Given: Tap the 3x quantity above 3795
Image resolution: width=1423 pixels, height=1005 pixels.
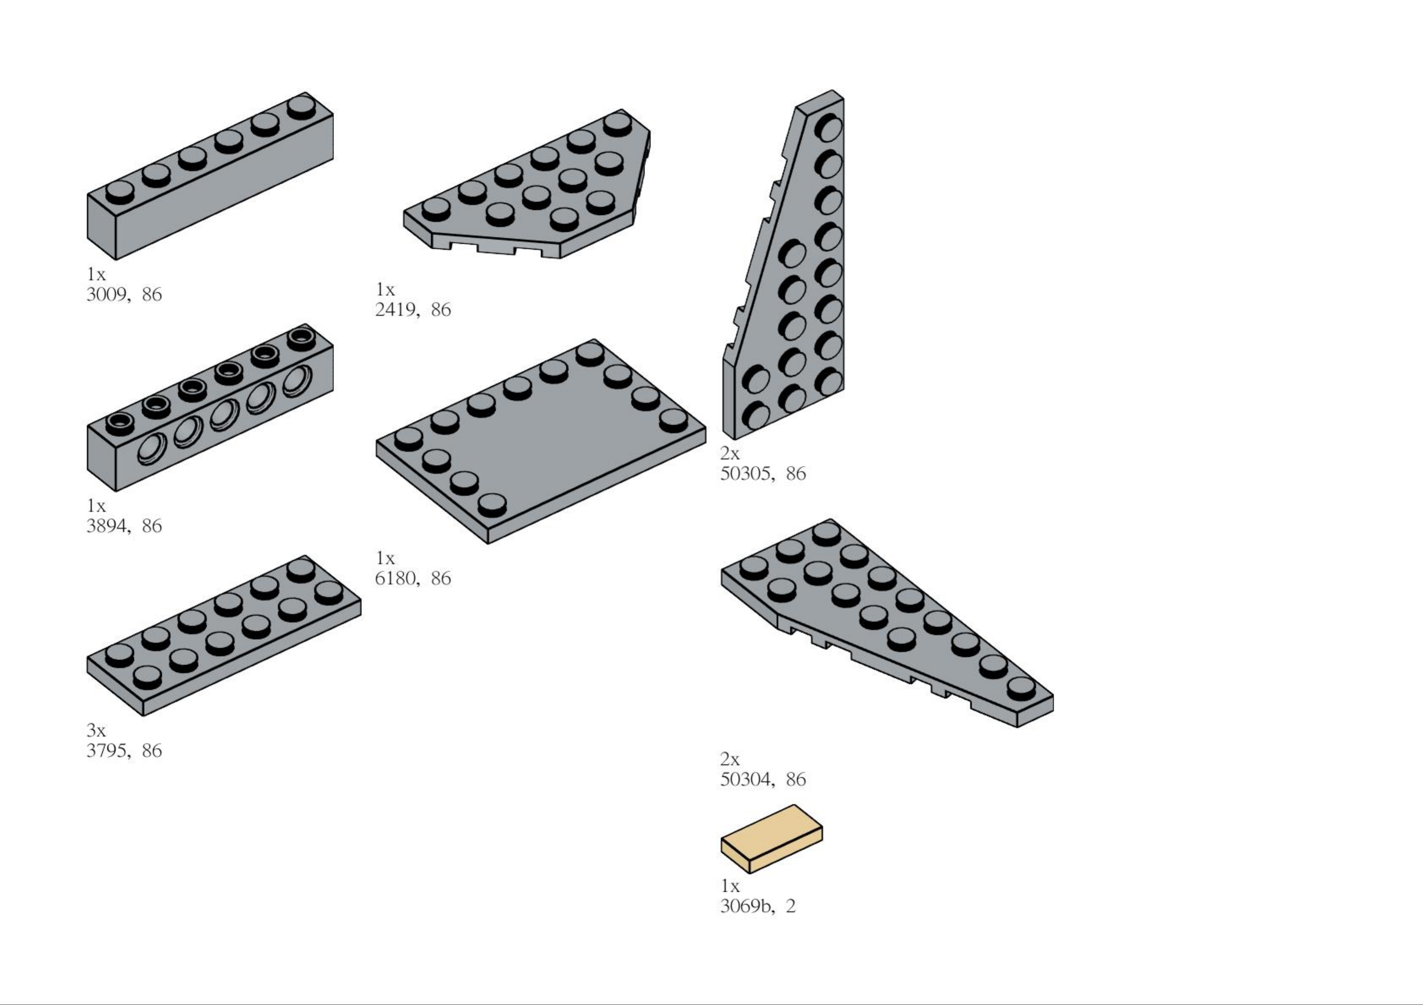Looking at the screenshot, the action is [x=96, y=730].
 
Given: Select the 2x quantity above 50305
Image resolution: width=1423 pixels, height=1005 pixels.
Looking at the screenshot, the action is [x=730, y=454].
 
